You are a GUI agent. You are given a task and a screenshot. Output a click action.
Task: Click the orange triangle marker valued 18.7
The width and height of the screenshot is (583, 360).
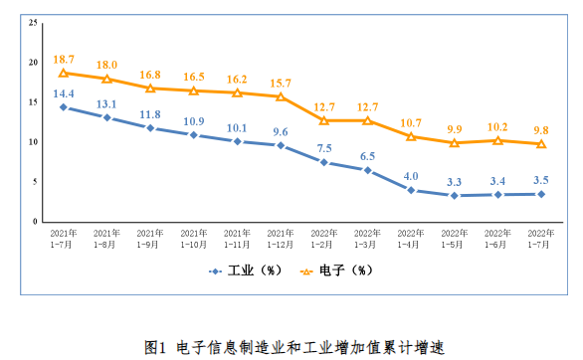pyautogui.click(x=64, y=73)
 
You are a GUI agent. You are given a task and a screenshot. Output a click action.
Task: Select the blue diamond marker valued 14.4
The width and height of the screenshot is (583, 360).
pyautogui.click(x=64, y=107)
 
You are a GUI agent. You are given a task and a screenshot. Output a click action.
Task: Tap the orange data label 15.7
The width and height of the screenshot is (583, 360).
pyautogui.click(x=281, y=84)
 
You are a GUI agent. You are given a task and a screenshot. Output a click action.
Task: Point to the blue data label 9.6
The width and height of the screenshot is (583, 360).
pyautogui.click(x=281, y=132)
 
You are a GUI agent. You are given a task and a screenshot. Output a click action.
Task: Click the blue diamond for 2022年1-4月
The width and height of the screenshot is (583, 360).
pyautogui.click(x=411, y=190)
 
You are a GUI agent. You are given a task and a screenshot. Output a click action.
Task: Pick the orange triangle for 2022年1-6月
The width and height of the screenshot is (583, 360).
pyautogui.click(x=497, y=140)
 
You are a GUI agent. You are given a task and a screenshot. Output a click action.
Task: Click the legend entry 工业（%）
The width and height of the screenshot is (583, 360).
pyautogui.click(x=246, y=270)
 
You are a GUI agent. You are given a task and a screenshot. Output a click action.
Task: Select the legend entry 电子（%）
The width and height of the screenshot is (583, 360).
pyautogui.click(x=336, y=270)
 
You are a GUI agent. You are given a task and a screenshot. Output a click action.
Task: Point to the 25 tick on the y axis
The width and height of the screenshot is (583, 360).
pyautogui.click(x=33, y=23)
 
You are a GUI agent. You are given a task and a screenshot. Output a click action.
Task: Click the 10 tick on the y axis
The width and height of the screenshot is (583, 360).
pyautogui.click(x=33, y=142)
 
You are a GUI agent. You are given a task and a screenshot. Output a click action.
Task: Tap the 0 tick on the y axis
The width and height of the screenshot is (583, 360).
pyautogui.click(x=35, y=222)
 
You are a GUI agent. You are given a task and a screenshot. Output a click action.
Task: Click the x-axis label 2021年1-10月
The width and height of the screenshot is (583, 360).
pyautogui.click(x=194, y=239)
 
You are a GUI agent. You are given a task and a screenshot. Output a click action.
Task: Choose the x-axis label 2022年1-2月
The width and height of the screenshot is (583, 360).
pyautogui.click(x=324, y=239)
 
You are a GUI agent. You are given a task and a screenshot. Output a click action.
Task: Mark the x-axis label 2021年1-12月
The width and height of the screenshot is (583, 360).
pyautogui.click(x=281, y=239)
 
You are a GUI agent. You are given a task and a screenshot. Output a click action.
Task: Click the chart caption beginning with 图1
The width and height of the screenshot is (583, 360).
pyautogui.click(x=294, y=348)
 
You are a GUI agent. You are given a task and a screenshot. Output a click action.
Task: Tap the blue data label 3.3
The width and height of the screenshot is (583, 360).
pyautogui.click(x=454, y=182)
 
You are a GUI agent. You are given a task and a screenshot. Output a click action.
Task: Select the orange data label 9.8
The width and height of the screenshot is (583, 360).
pyautogui.click(x=541, y=130)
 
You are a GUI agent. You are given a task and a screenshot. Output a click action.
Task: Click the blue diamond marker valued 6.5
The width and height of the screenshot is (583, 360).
pyautogui.click(x=367, y=170)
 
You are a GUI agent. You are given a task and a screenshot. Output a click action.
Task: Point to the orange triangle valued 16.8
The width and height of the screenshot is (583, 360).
pyautogui.click(x=150, y=89)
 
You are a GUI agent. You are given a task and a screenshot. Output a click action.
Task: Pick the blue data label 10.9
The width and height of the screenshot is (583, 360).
pyautogui.click(x=194, y=121)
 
